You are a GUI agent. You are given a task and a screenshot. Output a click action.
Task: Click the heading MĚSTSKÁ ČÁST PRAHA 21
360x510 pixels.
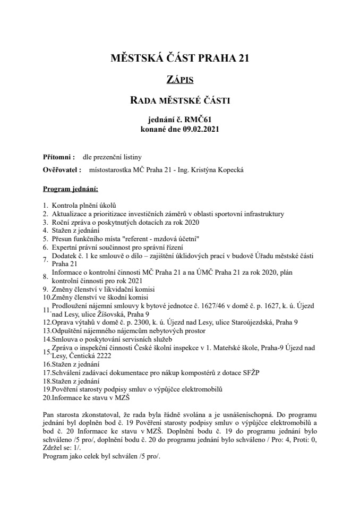click(179, 58)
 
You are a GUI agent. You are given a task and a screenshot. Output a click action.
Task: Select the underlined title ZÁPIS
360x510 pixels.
click(179, 80)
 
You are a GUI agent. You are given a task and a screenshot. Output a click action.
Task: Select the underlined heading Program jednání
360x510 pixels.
click(71, 189)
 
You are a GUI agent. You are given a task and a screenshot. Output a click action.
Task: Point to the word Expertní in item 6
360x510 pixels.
click(64, 248)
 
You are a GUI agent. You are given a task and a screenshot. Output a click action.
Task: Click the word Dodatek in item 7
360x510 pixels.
click(63, 257)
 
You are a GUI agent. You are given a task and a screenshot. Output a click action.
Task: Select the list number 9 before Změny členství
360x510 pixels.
click(45, 290)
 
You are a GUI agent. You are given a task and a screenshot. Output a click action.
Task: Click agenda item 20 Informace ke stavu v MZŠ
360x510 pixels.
click(91, 397)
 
